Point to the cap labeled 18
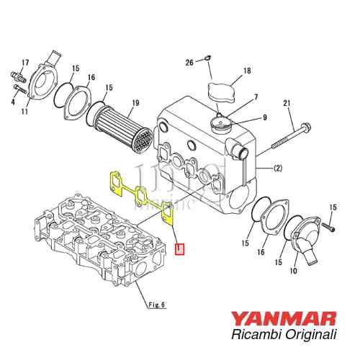click(x=222, y=92)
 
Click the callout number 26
click(x=189, y=63)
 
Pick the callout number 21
click(x=286, y=106)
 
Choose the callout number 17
click(x=25, y=62)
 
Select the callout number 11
click(x=25, y=111)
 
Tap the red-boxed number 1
click(x=180, y=250)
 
